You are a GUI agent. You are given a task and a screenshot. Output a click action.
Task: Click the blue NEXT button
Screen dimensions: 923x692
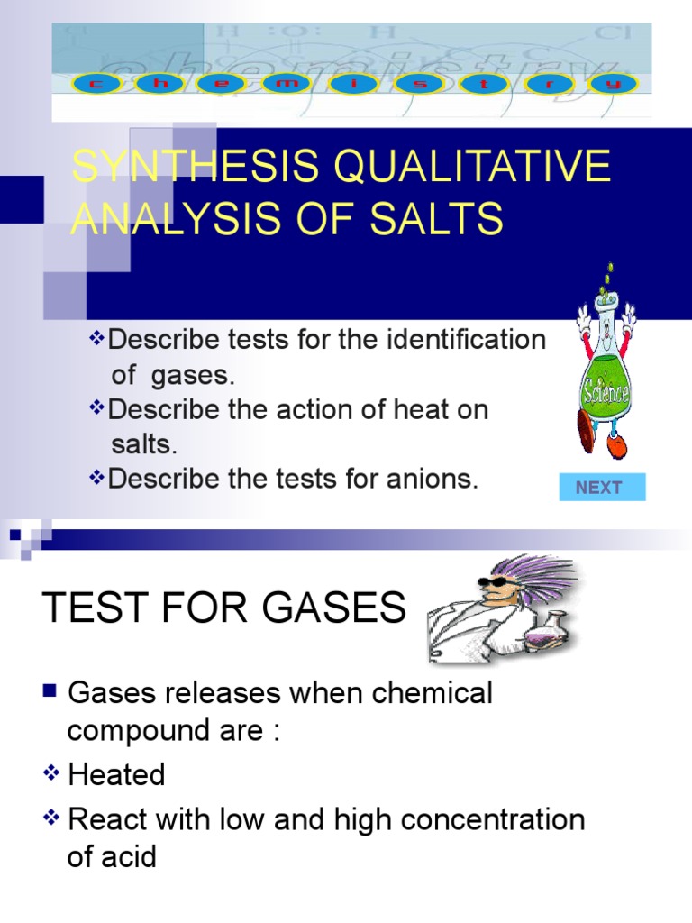pos(599,488)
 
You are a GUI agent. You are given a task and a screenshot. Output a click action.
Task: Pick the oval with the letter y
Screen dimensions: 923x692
pos(615,85)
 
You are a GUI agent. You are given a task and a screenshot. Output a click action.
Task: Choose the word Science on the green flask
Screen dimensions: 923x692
pos(605,395)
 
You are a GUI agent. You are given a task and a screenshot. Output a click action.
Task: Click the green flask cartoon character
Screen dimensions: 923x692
pos(605,379)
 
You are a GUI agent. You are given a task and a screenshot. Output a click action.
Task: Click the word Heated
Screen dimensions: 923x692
pos(117,775)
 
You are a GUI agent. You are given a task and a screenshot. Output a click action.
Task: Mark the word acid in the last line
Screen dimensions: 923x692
pos(131,856)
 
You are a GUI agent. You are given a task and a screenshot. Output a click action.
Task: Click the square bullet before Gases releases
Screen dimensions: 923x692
pos(50,692)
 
